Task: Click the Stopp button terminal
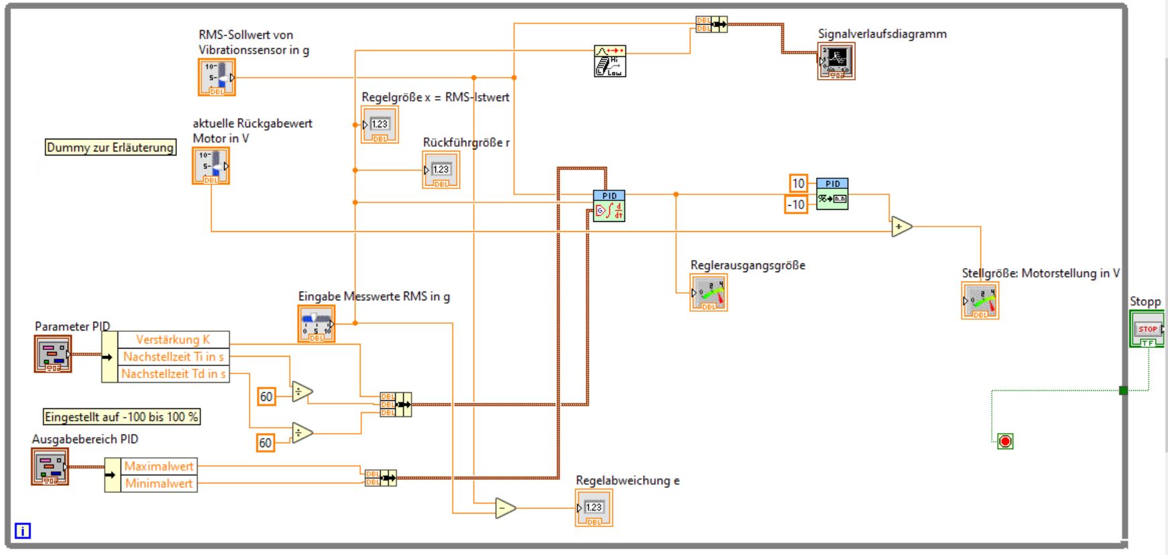[1147, 330]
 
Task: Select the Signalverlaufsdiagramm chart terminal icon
[836, 62]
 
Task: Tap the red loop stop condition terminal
[1004, 441]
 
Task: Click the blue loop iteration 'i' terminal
[22, 531]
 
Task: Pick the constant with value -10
[796, 204]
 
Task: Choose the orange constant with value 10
[798, 183]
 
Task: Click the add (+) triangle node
[901, 227]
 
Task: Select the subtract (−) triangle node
[505, 509]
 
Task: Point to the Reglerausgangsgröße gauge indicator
[709, 293]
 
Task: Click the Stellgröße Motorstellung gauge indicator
[980, 300]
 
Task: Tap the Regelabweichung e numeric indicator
[594, 508]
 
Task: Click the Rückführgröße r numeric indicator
[441, 170]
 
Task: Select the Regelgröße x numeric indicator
[379, 125]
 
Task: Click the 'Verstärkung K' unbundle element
[173, 339]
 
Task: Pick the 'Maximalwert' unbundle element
[159, 466]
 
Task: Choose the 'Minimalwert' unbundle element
[159, 483]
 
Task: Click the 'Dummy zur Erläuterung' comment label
[110, 147]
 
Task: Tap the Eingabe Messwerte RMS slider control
[316, 324]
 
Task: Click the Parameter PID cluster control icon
[53, 353]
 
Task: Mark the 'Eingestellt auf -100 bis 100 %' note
[121, 417]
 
